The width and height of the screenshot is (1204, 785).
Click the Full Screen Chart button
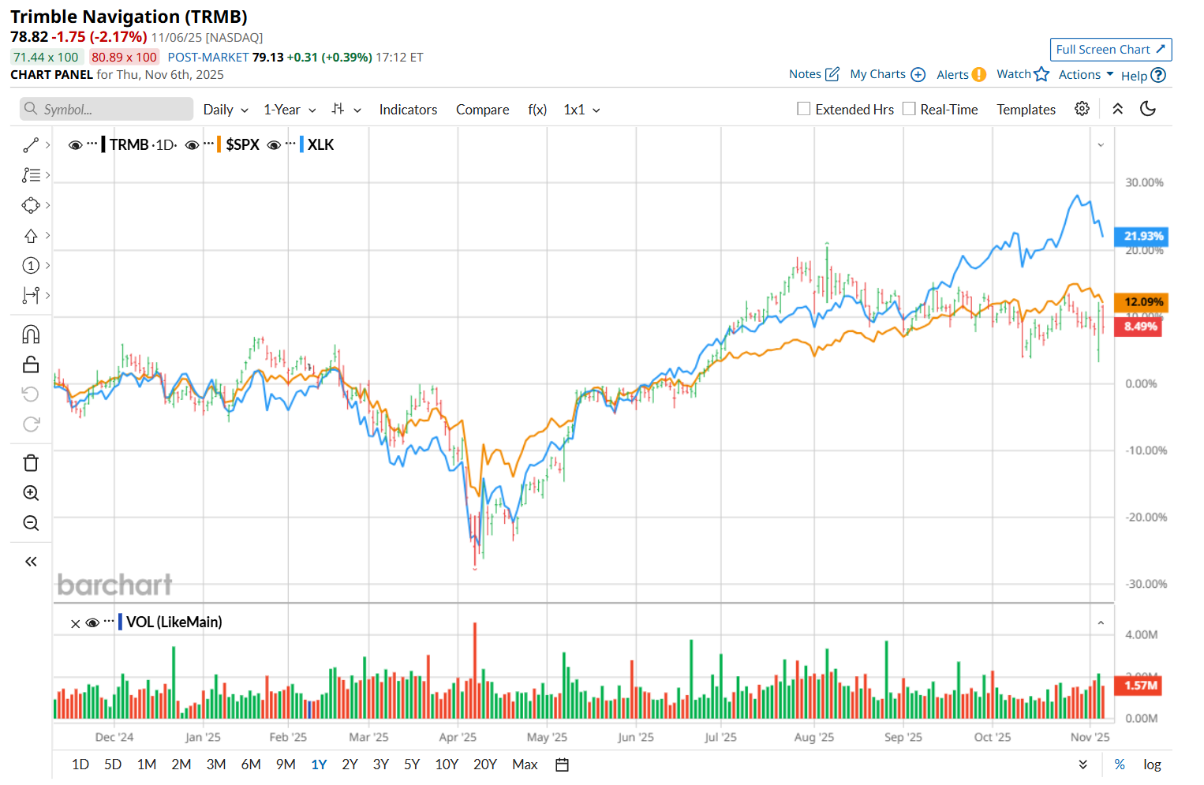pos(1110,50)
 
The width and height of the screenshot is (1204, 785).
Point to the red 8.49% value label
pos(1140,326)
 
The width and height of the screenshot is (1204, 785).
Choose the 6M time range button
pos(251,764)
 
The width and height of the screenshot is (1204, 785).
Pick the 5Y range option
pos(412,764)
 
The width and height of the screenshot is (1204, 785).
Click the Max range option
pos(525,764)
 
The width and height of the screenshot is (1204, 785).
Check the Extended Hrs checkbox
pos(804,109)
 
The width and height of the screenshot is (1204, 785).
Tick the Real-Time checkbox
pos(909,109)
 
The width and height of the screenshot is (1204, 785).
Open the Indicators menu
pos(408,110)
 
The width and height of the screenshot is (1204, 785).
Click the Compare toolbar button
pos(482,110)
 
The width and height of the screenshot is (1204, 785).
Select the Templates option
pos(1026,110)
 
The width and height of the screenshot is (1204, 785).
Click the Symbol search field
pos(107,110)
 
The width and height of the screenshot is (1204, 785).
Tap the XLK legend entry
pos(320,144)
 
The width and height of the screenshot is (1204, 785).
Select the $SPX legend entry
pos(242,144)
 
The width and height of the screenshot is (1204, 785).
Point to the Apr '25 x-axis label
pos(458,737)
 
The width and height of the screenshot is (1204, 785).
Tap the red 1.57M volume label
pos(1141,686)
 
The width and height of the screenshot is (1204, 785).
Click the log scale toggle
pos(1152,764)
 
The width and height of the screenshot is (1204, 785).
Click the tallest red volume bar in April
pos(475,671)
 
